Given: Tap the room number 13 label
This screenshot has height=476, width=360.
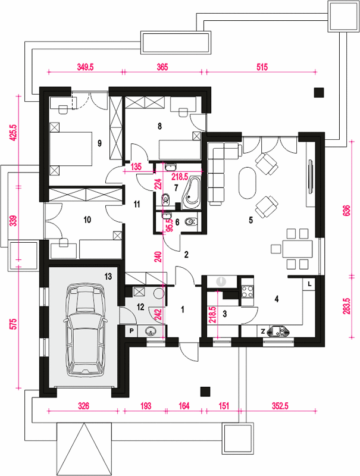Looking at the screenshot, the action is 108,276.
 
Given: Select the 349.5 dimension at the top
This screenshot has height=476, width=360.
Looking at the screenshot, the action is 85,67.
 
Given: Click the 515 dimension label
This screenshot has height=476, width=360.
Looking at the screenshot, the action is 262,67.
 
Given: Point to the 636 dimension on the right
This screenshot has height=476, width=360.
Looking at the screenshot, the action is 348,210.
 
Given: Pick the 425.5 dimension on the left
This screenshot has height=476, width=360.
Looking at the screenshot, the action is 12,133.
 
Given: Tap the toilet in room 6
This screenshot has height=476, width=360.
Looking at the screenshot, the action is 191,222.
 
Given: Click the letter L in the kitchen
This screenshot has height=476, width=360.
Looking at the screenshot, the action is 309,284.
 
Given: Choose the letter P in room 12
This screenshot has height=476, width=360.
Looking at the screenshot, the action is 132,331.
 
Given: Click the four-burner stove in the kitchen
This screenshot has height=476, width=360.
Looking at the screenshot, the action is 247,292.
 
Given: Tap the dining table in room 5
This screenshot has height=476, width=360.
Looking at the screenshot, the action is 297,249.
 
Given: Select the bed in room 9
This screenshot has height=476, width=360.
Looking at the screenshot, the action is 71,149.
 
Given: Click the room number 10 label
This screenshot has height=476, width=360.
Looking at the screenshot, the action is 87,220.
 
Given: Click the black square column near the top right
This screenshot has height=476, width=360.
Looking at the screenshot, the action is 319,93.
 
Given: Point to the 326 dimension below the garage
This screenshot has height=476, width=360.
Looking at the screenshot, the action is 83,406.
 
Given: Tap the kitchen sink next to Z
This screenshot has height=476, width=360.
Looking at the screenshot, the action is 278,331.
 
